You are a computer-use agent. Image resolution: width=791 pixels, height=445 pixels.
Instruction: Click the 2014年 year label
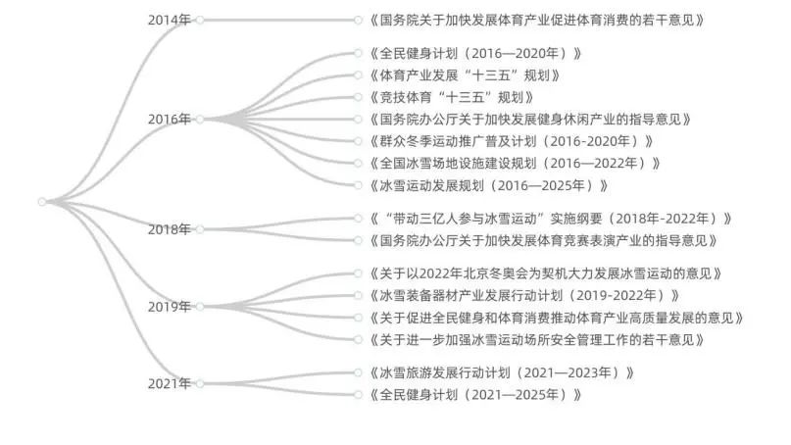pos(169,21)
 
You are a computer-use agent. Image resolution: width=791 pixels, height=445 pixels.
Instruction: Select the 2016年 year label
pos(169,119)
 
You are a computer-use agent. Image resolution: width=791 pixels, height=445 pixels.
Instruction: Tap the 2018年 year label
pos(169,229)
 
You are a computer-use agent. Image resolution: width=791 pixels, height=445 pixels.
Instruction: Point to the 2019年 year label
pos(169,307)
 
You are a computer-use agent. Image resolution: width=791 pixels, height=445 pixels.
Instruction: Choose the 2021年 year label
pos(169,384)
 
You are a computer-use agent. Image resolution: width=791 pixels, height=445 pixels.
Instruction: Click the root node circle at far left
pos(42,202)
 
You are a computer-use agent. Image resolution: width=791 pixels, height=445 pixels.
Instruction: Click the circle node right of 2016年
pos(200,119)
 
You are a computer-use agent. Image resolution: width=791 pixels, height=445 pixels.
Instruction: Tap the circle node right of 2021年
pos(200,384)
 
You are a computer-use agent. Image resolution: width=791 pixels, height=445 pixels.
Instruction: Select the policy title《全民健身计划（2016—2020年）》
pos(475,54)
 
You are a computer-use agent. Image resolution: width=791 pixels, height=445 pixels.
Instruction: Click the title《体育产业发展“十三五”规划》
pos(465,75)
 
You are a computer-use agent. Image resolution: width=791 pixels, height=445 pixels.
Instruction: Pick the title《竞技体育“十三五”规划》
pos(452,97)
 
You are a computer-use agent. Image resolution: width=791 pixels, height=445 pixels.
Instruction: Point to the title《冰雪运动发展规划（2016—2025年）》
pos(489,185)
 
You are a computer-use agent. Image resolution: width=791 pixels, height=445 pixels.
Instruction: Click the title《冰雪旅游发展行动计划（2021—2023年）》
pos(502,372)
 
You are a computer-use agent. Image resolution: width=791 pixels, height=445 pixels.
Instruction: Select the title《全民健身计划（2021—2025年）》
pos(475,395)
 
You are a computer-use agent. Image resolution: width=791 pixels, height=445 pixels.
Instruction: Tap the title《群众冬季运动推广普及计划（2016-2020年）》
pos(512,141)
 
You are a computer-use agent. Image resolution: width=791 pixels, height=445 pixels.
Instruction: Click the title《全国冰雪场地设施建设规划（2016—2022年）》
pos(515,164)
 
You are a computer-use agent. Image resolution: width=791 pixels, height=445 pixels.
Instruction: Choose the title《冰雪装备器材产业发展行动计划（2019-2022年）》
pos(524,296)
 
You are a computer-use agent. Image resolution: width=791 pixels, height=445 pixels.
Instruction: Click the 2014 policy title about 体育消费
pos(537,21)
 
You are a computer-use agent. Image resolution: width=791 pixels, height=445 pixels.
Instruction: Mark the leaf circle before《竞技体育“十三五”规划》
pos(358,97)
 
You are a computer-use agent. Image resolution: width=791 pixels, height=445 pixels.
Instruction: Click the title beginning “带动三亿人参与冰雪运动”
pos(551,219)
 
